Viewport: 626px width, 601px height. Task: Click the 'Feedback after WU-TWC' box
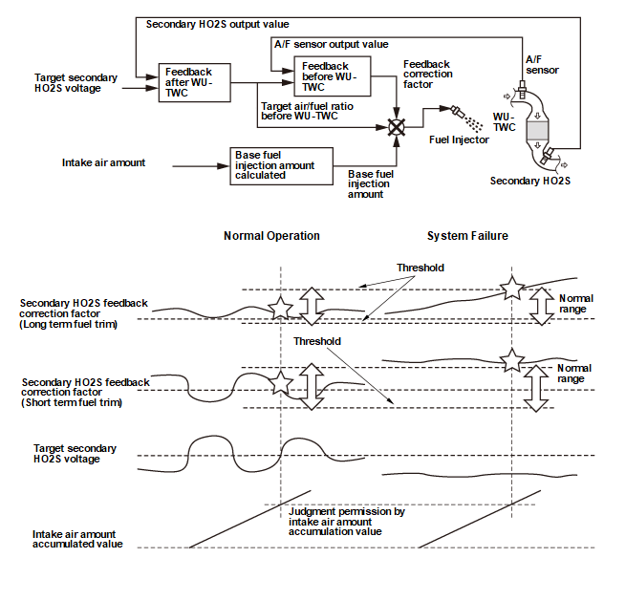187,83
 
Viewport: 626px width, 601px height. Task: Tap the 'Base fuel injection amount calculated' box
281,165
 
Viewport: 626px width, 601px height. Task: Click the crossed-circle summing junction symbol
397,126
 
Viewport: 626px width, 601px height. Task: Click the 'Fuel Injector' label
459,140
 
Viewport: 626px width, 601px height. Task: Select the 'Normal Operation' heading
271,236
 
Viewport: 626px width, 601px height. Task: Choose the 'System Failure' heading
467,236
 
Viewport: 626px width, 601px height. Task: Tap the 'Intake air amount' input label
103,162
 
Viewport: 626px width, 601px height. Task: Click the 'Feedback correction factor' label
427,74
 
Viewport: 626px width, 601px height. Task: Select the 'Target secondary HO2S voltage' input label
76,83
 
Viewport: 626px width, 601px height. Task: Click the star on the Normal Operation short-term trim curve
280,383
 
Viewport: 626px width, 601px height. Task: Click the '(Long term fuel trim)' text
68,324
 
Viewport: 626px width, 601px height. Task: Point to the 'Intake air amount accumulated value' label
76,539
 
